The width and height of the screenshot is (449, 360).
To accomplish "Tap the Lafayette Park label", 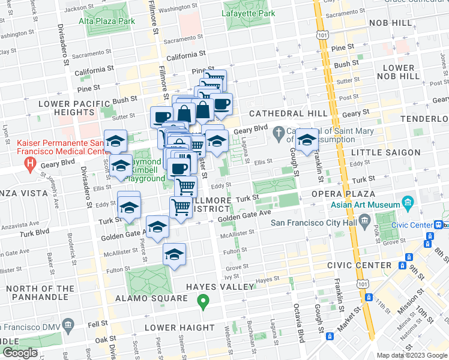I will click(248, 13).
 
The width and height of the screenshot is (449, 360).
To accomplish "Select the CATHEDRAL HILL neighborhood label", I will click(288, 113).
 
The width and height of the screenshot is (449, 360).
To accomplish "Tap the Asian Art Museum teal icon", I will click(409, 202).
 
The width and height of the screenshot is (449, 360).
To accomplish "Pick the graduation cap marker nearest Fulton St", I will click(174, 254).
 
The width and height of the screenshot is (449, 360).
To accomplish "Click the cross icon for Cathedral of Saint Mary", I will click(277, 131).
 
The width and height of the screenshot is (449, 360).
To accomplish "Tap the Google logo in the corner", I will click(20, 353).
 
